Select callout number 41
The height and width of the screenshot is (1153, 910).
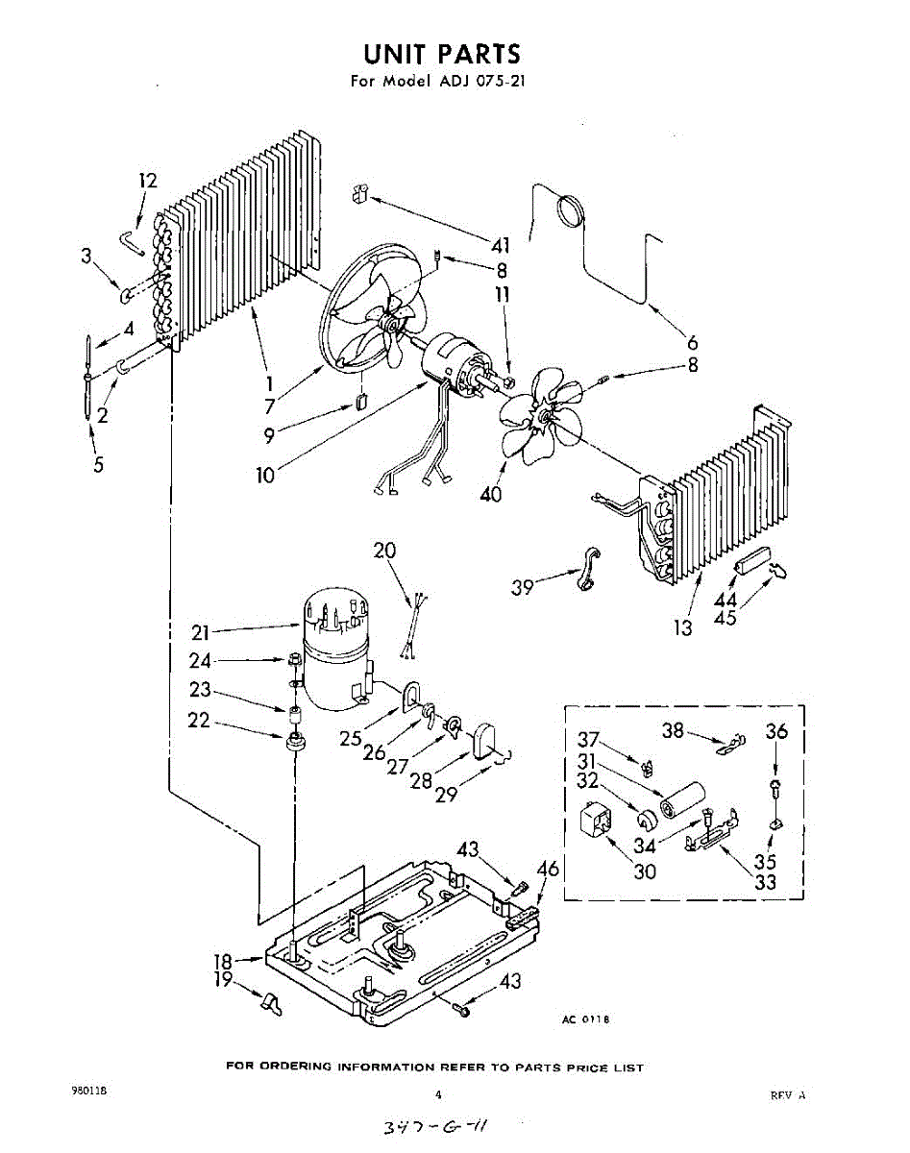pos(500,245)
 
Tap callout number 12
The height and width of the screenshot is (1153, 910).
pos(148,181)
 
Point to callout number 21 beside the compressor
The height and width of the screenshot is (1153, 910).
pos(200,632)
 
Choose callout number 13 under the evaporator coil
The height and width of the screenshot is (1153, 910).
pos(683,628)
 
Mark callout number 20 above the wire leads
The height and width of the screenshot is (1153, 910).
pos(385,551)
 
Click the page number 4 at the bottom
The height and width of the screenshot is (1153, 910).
pos(438,1094)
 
